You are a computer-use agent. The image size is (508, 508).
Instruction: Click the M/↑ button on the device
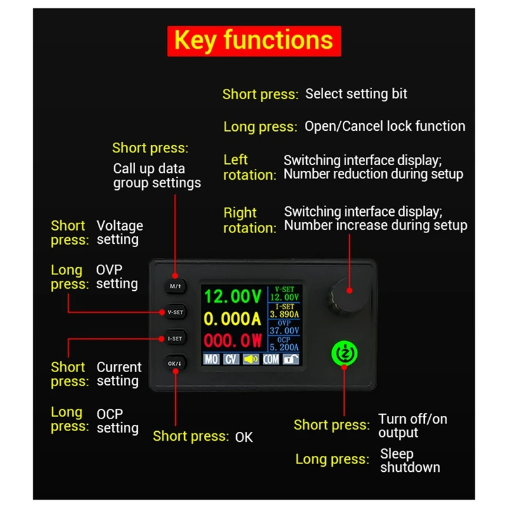click(176, 286)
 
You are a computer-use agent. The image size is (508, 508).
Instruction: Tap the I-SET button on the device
click(175, 338)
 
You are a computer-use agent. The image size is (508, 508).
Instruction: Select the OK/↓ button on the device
click(175, 363)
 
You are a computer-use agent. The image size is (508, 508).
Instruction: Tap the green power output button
click(343, 353)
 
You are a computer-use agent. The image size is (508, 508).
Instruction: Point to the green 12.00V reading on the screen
click(232, 297)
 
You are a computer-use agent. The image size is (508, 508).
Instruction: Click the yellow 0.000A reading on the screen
click(232, 319)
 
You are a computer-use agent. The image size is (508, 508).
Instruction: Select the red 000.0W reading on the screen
click(232, 340)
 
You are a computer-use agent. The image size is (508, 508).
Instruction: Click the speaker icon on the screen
click(251, 359)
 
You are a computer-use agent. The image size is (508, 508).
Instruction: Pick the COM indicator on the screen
click(271, 359)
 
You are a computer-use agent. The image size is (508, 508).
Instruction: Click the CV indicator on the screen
click(231, 359)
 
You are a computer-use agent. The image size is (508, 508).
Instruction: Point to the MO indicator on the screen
click(211, 359)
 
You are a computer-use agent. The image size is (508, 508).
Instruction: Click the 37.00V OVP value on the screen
click(284, 330)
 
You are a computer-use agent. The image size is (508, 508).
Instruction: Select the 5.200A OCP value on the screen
click(284, 347)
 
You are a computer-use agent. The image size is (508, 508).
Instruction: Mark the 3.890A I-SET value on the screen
click(284, 314)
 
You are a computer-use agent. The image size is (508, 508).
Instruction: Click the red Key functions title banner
click(254, 40)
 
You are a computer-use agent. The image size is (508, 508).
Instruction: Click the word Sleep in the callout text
click(397, 454)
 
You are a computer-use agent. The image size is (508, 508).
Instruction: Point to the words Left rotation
click(249, 168)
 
